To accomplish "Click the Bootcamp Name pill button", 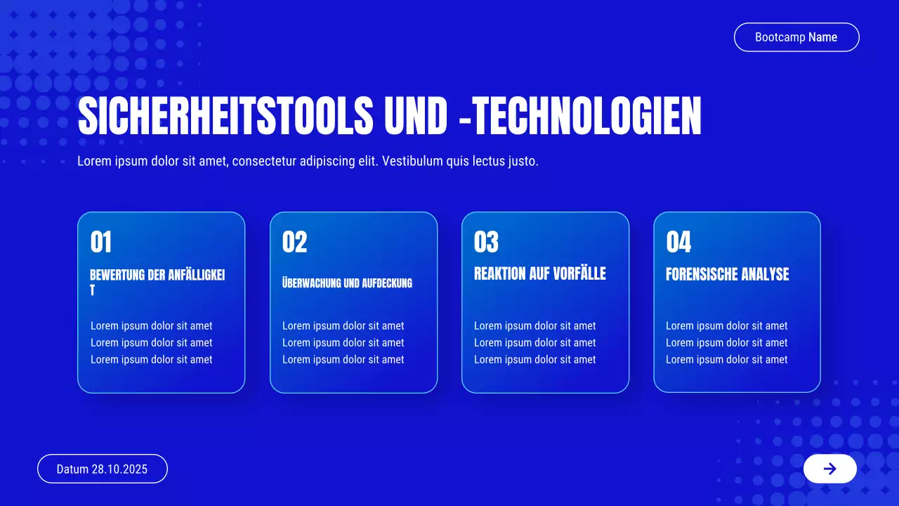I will [796, 37].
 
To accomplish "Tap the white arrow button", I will [829, 469].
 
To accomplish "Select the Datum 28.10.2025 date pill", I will [102, 469].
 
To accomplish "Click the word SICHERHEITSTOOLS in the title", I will [225, 116].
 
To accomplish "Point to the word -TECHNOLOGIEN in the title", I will [579, 116].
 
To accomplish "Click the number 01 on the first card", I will [101, 242].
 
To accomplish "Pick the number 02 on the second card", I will [294, 242].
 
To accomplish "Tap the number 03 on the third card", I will [486, 242].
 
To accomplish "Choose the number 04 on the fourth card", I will [678, 242].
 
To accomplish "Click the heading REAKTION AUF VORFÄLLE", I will [539, 273].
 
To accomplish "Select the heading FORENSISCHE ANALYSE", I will [727, 274].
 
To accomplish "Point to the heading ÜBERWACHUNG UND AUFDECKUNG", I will [347, 283].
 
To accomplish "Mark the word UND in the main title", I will [415, 116].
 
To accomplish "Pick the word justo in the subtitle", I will [523, 161].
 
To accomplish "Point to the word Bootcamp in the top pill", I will [780, 37].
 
